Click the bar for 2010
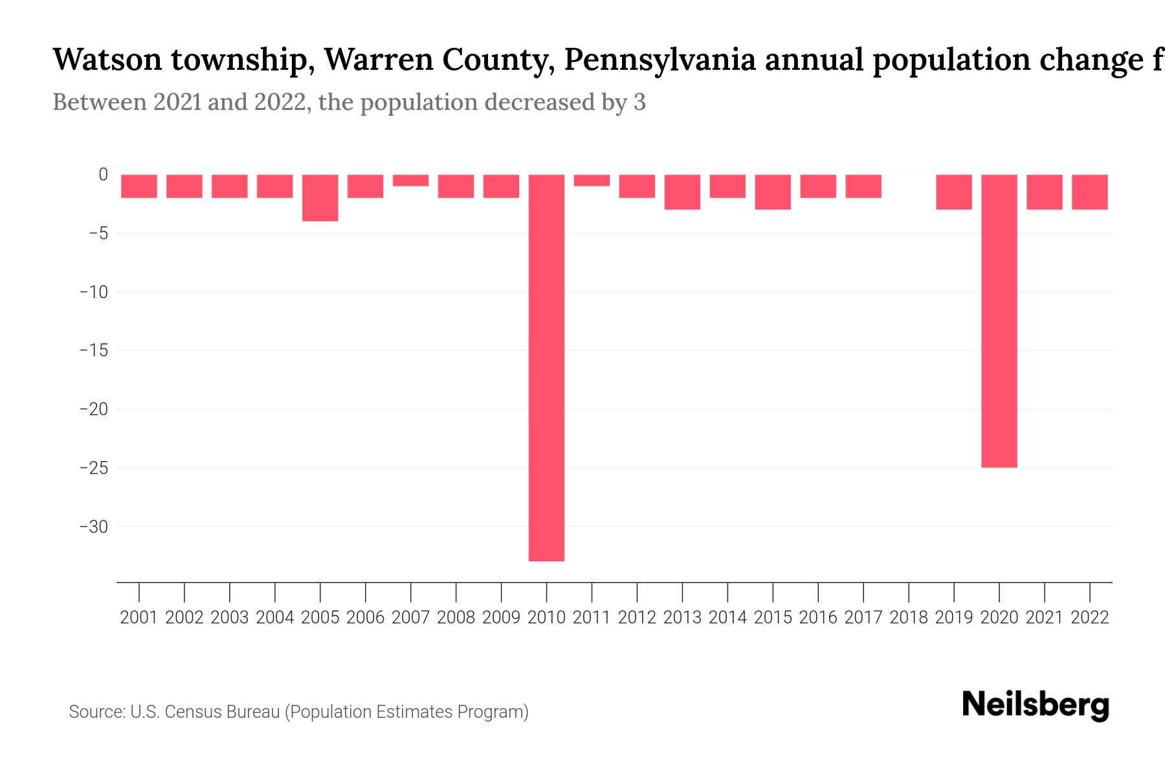coord(546,367)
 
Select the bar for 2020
coord(999,321)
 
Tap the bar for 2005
coord(320,198)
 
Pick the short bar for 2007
coord(410,180)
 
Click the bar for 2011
coord(592,180)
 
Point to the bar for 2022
coord(1089,192)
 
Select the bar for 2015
coord(772,192)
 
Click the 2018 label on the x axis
coord(909,618)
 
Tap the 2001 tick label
coord(139,618)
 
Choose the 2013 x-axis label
coord(682,618)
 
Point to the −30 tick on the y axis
coord(94,527)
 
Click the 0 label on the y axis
coord(103,175)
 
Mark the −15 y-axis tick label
coord(94,350)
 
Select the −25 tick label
coord(94,468)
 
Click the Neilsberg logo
coord(1036,705)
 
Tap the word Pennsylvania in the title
coord(660,59)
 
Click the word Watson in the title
coord(107,59)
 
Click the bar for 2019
coord(953,192)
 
